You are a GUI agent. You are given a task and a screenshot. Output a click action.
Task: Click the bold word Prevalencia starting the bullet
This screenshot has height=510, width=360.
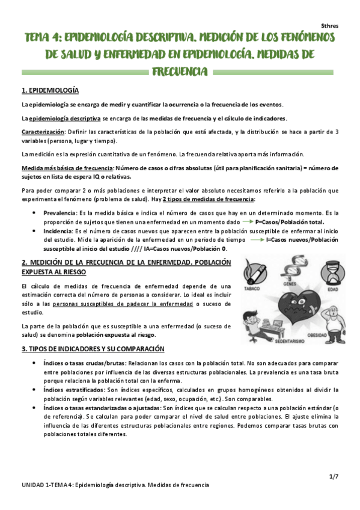pos(59,214)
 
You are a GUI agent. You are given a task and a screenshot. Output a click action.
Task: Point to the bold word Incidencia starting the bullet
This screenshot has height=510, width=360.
pos(58,231)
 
